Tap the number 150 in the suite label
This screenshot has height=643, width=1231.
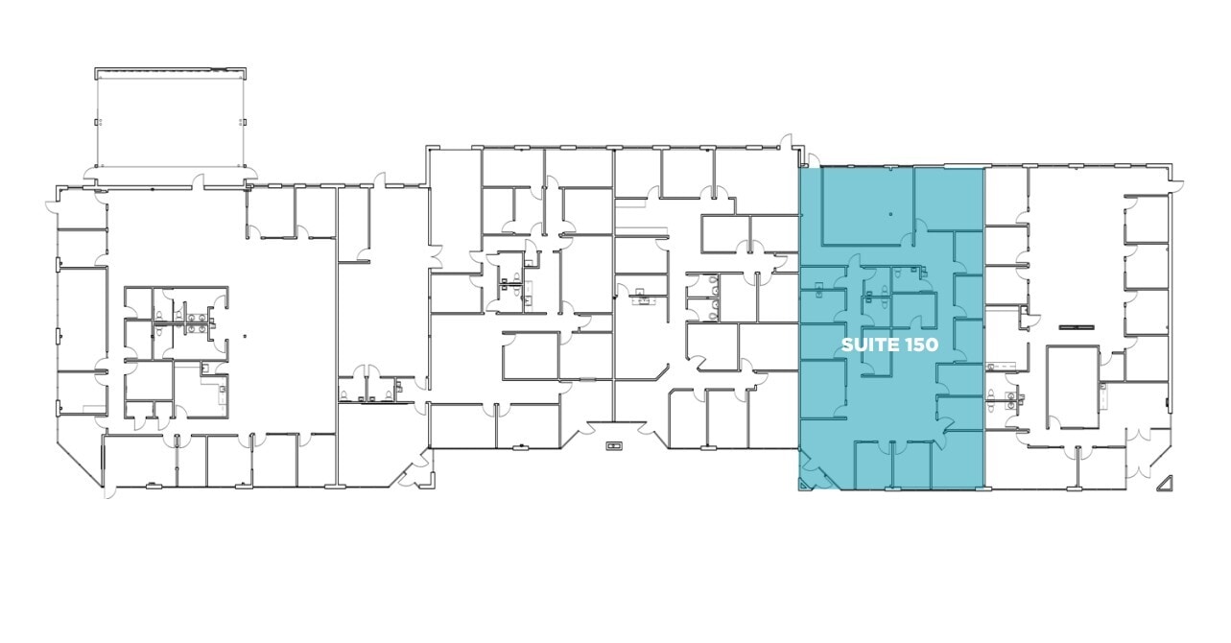pyautogui.click(x=923, y=345)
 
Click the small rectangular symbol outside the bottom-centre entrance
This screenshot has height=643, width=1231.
pyautogui.click(x=614, y=445)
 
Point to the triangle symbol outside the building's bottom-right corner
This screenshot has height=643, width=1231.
pyautogui.click(x=1166, y=484)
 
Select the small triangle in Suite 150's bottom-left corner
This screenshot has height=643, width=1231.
pyautogui.click(x=803, y=485)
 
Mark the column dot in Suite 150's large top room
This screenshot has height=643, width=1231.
pyautogui.click(x=890, y=214)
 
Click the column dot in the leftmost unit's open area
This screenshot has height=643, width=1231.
pyautogui.click(x=245, y=336)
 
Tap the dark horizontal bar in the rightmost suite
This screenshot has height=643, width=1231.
pyautogui.click(x=1077, y=327)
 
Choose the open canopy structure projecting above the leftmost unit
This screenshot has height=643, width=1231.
pyautogui.click(x=171, y=117)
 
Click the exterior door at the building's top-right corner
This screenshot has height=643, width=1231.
pyautogui.click(x=1176, y=186)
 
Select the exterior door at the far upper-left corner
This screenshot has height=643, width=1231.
pyautogui.click(x=53, y=205)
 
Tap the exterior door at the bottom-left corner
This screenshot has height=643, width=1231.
pyautogui.click(x=109, y=492)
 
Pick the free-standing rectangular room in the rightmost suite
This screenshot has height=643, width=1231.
pyautogui.click(x=1072, y=387)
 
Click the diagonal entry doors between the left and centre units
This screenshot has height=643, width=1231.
pyautogui.click(x=414, y=470)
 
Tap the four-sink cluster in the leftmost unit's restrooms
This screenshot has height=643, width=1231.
pyautogui.click(x=196, y=322)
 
